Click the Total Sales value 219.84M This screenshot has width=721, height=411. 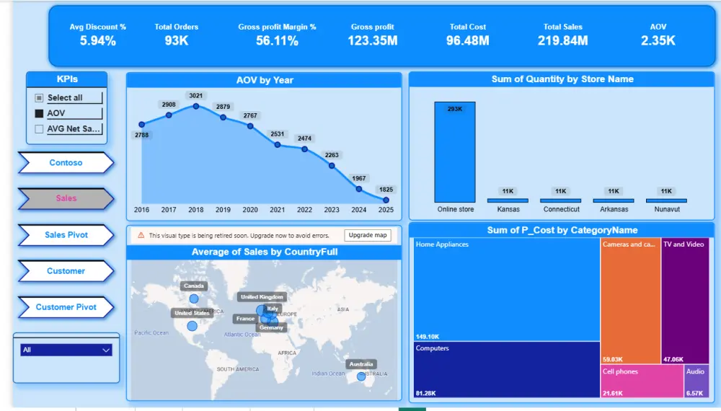(562, 41)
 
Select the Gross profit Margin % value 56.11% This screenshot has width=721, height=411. (277, 41)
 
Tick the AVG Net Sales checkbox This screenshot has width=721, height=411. (40, 129)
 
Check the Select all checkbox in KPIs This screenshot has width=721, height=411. (40, 98)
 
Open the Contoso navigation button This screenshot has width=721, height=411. (66, 163)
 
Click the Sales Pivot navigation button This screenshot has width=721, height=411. (66, 235)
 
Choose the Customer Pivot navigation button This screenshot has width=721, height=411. (66, 307)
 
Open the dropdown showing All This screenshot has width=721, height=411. (66, 350)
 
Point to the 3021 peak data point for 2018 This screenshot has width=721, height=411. (195, 106)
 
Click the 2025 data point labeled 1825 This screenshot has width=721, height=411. (386, 200)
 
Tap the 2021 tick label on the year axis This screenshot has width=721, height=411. (277, 210)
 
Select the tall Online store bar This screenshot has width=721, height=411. (454, 152)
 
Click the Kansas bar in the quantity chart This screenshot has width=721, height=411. (508, 200)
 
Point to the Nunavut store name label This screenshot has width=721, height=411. (666, 210)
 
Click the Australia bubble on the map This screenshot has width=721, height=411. (361, 376)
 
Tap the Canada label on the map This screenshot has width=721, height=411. (194, 286)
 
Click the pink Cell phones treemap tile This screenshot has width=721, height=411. (642, 381)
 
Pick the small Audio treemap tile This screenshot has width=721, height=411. (696, 381)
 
